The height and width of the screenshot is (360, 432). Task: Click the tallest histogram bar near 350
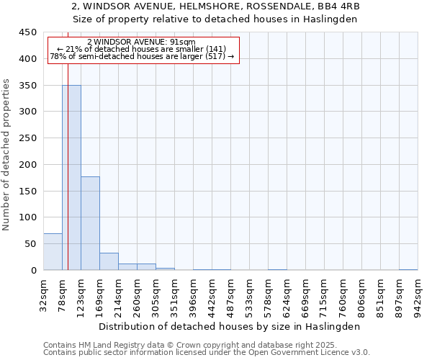point(71,177)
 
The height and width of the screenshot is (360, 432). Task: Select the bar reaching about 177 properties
point(90,223)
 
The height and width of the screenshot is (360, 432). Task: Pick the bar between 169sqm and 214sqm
point(109,261)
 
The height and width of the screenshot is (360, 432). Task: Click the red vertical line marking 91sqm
point(68,144)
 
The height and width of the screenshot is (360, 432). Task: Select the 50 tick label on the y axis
point(30,244)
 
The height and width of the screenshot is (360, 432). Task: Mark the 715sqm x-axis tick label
point(325,297)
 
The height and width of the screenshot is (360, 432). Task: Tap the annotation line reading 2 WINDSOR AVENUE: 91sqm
point(140,42)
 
